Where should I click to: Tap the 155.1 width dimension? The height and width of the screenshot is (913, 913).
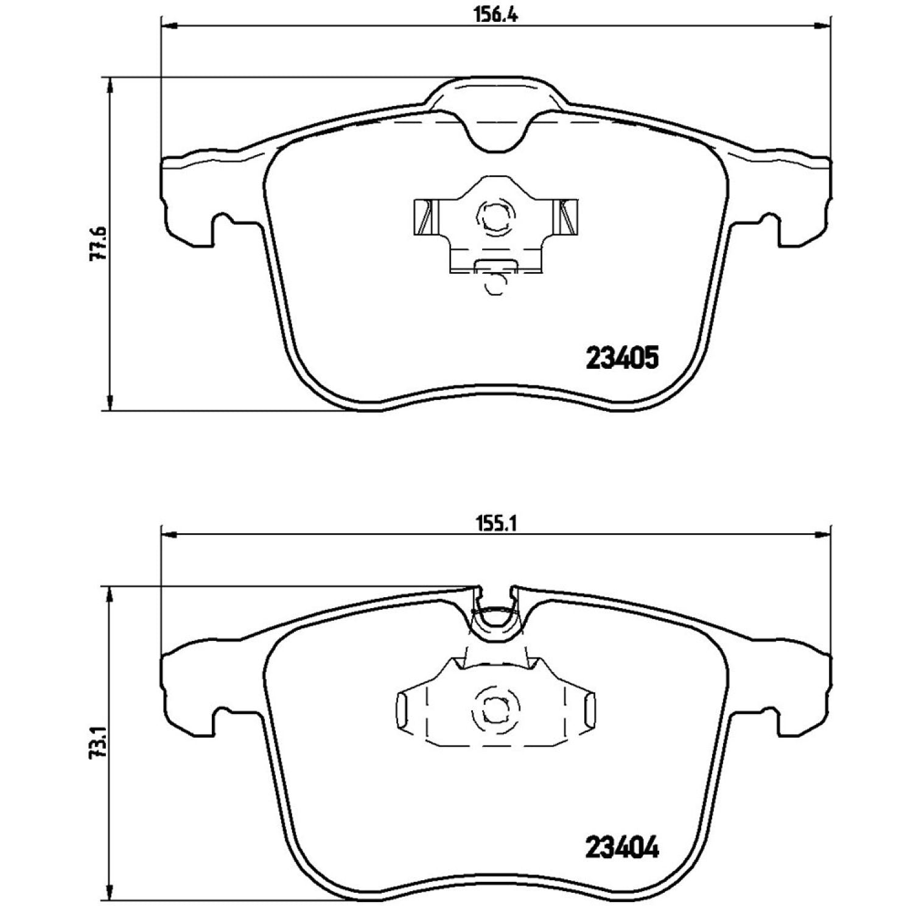click(x=496, y=524)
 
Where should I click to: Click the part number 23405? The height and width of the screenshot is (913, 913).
click(x=622, y=359)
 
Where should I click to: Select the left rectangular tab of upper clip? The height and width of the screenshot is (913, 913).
click(x=425, y=216)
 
